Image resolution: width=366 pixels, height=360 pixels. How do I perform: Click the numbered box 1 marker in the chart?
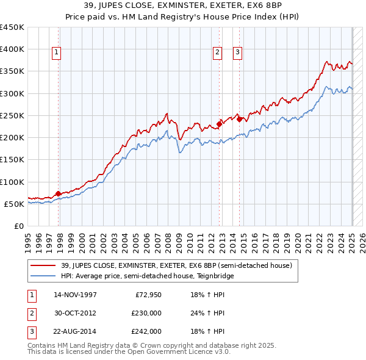56,53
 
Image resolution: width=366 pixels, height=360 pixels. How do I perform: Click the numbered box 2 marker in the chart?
217,53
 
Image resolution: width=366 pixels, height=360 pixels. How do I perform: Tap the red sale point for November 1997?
58,194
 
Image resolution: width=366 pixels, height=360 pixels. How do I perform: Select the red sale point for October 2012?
219,124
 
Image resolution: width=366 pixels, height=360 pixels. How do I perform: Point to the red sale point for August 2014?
239,119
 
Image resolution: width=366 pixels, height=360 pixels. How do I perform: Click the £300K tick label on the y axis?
12,93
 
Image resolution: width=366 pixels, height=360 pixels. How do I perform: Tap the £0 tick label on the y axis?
19,226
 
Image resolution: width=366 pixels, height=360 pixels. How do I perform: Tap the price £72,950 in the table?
148,295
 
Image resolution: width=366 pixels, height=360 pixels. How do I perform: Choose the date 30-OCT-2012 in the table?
75,313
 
